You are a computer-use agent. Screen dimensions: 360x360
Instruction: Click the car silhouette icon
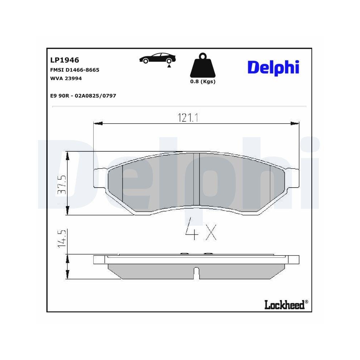(158, 58)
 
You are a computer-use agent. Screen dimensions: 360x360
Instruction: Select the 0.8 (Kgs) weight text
(203, 82)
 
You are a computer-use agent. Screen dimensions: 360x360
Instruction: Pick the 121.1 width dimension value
(188, 118)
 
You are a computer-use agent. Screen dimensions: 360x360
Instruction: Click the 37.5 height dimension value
(63, 184)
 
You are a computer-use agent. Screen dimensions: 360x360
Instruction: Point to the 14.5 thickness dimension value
(62, 238)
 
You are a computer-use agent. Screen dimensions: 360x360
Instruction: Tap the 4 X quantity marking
(200, 229)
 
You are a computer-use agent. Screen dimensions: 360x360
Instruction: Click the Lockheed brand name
(284, 305)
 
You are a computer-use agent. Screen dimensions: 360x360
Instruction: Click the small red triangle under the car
(168, 66)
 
